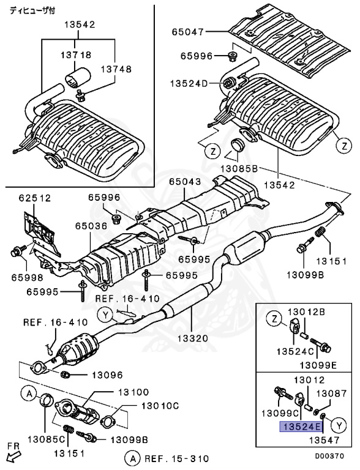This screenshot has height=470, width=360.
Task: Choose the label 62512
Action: pos(34,198)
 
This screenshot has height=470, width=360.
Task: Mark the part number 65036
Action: pos(92,226)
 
